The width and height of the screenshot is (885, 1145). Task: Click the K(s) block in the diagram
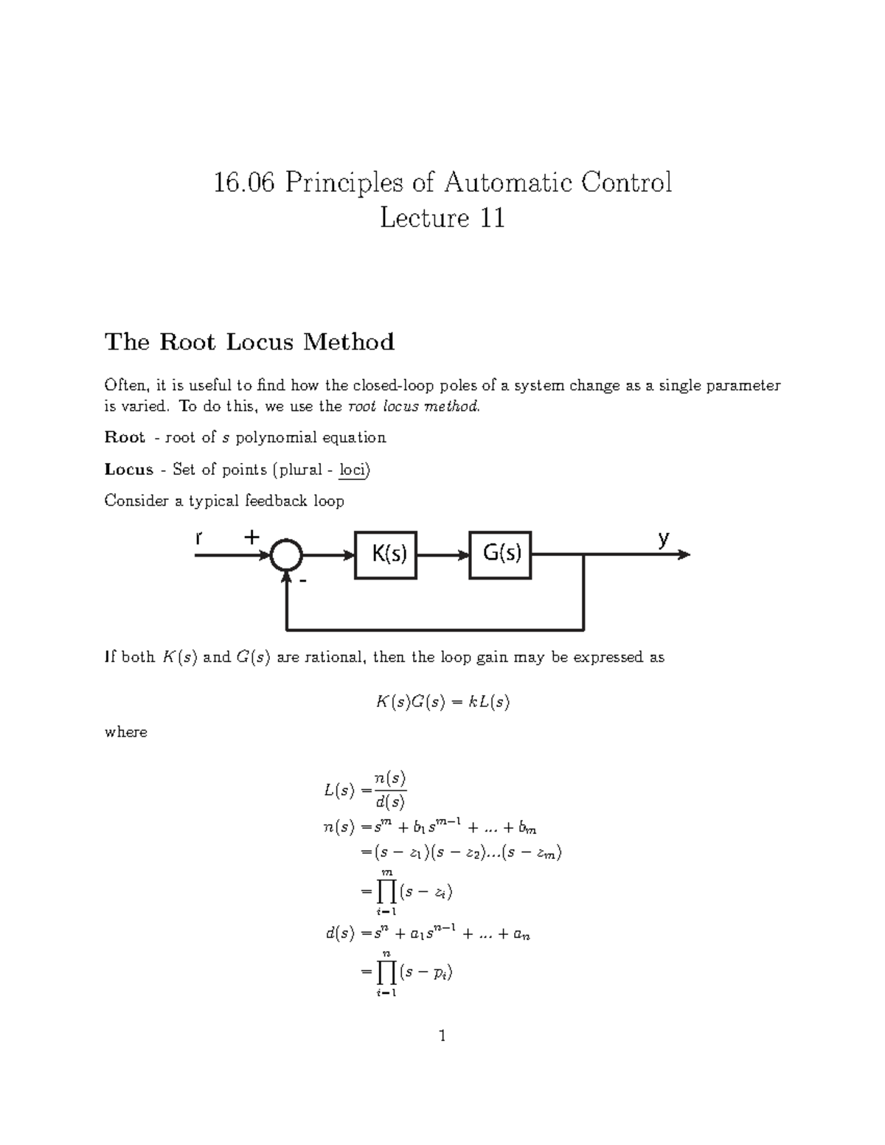386,554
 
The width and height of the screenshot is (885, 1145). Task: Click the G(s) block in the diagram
500,554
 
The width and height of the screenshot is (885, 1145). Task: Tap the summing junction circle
286,555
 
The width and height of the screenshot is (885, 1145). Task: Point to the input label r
198,539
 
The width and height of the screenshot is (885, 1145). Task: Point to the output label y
663,539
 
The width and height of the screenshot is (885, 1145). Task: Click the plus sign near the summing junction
252,537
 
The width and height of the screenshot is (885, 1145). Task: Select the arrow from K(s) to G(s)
442,555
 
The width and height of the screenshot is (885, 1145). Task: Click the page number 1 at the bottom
442,1036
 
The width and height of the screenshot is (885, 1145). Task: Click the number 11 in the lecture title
492,218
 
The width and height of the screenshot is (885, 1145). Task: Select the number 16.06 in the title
244,182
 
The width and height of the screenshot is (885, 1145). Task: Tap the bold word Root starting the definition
125,437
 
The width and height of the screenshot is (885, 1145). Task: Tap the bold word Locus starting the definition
129,469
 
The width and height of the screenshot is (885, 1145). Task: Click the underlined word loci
353,470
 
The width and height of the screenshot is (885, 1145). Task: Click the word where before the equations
125,732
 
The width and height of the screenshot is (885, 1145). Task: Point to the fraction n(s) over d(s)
390,790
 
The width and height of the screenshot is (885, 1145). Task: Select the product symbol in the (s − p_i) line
386,972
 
